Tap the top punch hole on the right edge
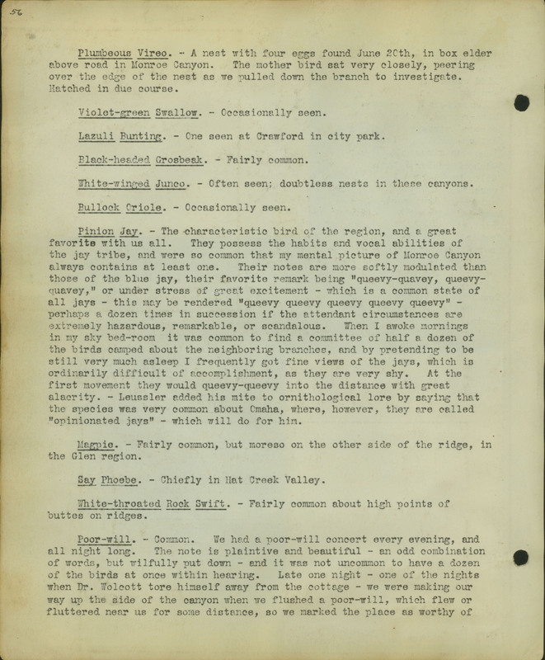pyautogui.click(x=521, y=102)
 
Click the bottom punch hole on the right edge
pyautogui.click(x=520, y=558)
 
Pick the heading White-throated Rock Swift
pyautogui.click(x=157, y=503)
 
